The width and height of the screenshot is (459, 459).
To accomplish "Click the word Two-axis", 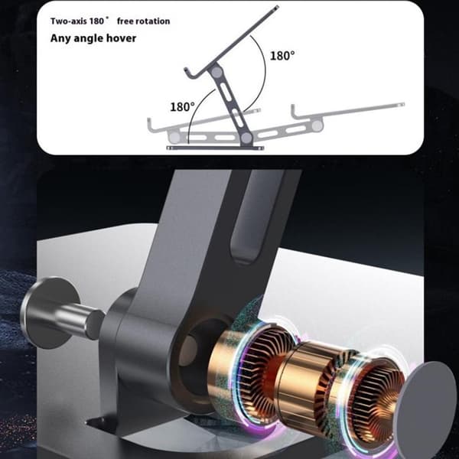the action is (68, 21).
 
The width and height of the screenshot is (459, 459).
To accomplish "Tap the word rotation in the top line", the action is (153, 21).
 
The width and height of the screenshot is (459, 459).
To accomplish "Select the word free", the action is (125, 21).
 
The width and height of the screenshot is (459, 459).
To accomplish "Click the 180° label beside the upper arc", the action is (282, 56).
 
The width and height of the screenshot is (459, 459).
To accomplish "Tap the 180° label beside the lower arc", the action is (182, 107).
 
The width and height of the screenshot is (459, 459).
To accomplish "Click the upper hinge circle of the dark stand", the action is (216, 71).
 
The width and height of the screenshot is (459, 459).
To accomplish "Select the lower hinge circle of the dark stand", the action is (246, 137).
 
